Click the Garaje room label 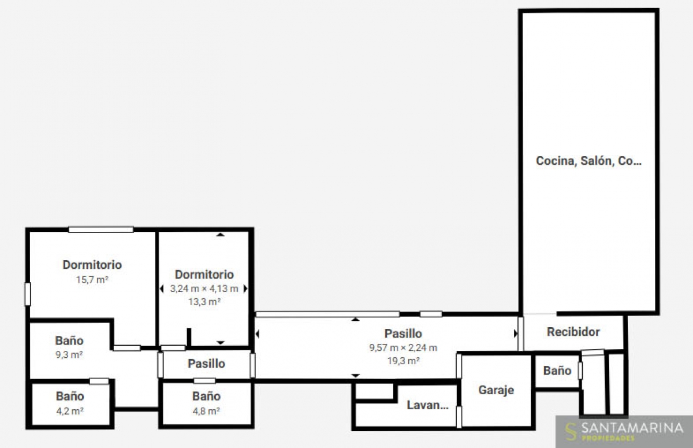point(496,390)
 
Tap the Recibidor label point(573,332)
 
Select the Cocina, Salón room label point(588,161)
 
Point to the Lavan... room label point(427,405)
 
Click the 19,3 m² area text point(403,361)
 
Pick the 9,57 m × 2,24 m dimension point(403,347)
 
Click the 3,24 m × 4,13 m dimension point(204,288)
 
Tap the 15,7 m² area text point(92,280)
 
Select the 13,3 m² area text point(204,302)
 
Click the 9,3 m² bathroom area point(69,354)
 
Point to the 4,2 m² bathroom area point(70,411)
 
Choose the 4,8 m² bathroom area point(206,411)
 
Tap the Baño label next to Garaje point(557,371)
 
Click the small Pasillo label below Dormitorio point(206,364)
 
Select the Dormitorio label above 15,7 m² point(92,265)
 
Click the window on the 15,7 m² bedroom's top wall point(101,229)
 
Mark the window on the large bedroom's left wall point(28,294)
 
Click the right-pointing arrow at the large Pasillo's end point(516,334)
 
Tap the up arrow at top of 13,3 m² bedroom point(220,235)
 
